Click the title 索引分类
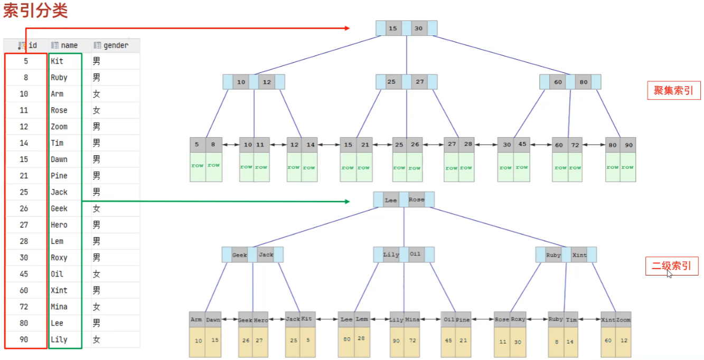pos(35,11)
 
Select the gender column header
pos(115,45)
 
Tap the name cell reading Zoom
pos(59,127)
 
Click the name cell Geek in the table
pos(59,209)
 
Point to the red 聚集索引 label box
pos(673,90)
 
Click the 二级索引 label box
pos(671,266)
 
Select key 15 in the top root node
pos(392,29)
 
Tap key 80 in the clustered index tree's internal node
pos(583,82)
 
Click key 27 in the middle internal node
pos(420,82)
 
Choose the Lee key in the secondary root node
pos(391,200)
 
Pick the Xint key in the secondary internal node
pos(579,255)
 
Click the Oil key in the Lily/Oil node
pos(415,254)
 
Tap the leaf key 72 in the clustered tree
pos(575,145)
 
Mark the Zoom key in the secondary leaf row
pos(624,320)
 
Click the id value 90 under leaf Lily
pos(397,340)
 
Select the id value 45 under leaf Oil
pos(448,340)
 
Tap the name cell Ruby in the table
pos(59,78)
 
